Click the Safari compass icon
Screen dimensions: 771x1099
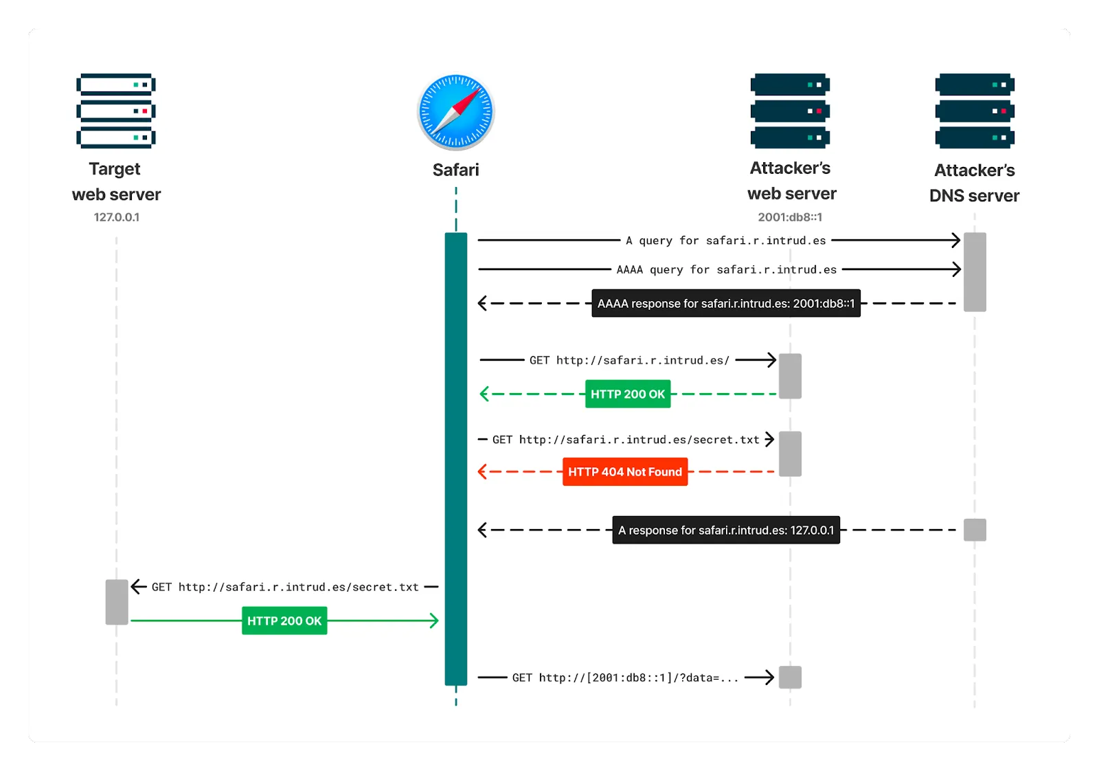coord(456,111)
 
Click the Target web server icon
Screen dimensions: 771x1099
coord(116,111)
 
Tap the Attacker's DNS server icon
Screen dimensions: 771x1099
coord(975,111)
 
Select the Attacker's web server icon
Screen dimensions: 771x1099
coord(790,111)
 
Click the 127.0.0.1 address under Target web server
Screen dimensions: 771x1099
coord(116,217)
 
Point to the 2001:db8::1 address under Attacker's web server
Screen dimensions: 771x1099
coord(790,217)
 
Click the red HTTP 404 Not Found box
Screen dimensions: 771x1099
coord(625,472)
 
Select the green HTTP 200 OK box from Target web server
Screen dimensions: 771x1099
coord(284,621)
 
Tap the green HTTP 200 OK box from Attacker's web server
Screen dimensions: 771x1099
coord(628,394)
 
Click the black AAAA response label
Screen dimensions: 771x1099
coord(726,303)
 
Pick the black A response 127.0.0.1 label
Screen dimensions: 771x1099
coord(726,530)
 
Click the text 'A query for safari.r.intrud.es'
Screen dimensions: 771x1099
coord(726,241)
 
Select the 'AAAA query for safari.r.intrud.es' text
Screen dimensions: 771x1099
coord(726,269)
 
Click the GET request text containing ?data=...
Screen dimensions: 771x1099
coord(625,678)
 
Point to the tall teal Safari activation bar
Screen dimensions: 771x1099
coord(456,458)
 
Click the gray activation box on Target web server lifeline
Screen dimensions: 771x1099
coord(117,602)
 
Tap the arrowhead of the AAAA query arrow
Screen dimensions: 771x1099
coord(957,269)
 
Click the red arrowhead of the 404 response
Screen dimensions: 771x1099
coord(482,472)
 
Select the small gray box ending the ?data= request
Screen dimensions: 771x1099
coord(790,678)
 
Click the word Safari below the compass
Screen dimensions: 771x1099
coord(456,170)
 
